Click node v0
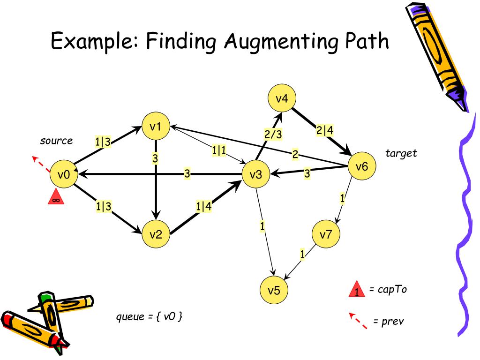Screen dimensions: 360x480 [x=64, y=175]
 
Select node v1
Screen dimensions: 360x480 [x=156, y=127]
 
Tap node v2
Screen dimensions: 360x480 [x=156, y=234]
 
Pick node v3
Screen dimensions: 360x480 [x=255, y=175]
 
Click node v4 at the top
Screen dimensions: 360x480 [x=282, y=99]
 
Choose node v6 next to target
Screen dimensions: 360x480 [x=362, y=166]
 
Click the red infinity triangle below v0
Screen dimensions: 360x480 [x=55, y=198]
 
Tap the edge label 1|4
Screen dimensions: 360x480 [x=203, y=206]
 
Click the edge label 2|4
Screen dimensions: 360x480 [x=324, y=131]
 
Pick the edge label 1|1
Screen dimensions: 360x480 [x=219, y=150]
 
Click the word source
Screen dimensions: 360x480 [x=56, y=141]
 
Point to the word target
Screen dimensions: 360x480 [x=401, y=153]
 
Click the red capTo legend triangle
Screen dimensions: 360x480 [x=357, y=290]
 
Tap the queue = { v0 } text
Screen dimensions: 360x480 [x=149, y=316]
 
